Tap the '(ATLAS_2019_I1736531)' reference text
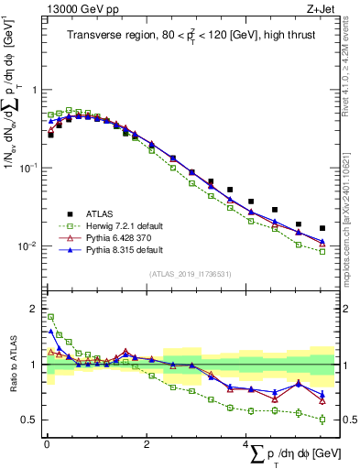tap(190, 273)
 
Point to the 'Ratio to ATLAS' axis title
tap(14, 365)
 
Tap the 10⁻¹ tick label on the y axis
tap(27, 168)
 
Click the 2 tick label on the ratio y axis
tap(35, 309)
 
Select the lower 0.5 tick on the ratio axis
tap(31, 420)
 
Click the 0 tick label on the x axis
tap(47, 443)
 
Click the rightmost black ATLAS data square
tap(322, 228)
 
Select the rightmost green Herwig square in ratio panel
tap(322, 420)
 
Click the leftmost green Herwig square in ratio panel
tap(50, 317)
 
